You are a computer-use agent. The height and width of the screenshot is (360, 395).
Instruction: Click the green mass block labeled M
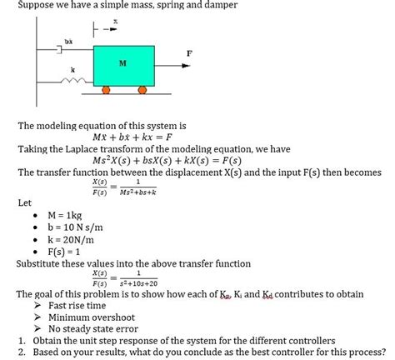[x=123, y=64]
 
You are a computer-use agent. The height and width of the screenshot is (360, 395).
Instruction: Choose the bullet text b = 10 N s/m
[x=82, y=227]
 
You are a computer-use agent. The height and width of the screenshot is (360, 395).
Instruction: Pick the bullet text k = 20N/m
[x=74, y=238]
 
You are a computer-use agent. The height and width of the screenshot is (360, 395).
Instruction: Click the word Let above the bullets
[x=24, y=202]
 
